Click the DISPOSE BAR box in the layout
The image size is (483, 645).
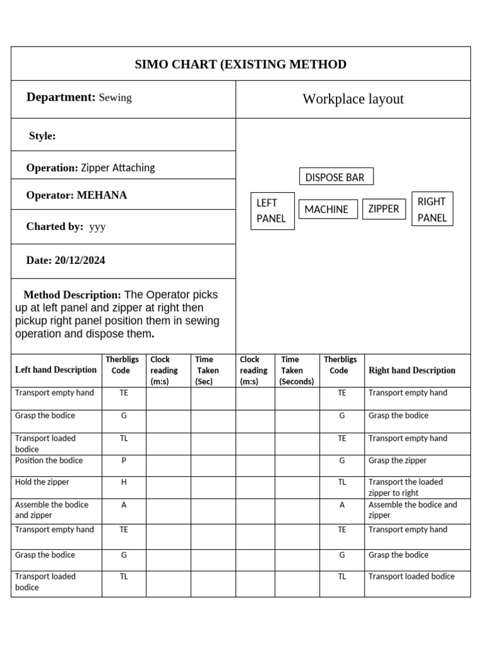point(336,177)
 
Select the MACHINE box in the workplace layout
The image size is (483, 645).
point(326,209)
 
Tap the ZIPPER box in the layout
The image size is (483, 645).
point(384,208)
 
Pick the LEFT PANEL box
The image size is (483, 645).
point(272,210)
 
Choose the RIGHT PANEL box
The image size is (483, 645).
point(432,209)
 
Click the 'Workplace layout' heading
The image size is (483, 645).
point(353,99)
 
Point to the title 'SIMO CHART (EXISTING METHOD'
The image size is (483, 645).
point(241,64)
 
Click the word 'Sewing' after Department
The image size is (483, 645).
point(116,98)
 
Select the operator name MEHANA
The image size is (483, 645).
point(102,195)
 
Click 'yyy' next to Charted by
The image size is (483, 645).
point(97,227)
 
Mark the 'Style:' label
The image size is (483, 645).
point(42,136)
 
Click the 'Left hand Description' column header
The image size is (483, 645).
point(56,370)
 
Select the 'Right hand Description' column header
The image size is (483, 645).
point(412,370)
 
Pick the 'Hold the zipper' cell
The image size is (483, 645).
point(42,482)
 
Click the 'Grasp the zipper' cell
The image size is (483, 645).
point(397,460)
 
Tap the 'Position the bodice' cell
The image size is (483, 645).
point(49,460)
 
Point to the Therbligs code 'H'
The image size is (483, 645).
point(124,482)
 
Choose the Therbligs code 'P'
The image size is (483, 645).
point(124,460)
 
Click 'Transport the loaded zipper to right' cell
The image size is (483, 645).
point(406,487)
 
